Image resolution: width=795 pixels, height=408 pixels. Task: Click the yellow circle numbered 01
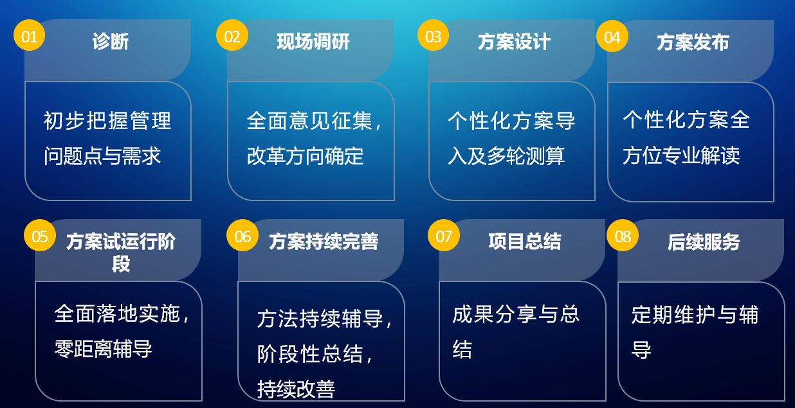pos(29,35)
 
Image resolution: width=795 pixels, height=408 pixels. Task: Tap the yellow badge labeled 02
pos(232,35)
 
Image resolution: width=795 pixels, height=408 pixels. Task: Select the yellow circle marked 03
pos(434,35)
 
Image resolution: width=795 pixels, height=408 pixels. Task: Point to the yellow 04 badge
pos(612,36)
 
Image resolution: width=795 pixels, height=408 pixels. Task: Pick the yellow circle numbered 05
pos(40,235)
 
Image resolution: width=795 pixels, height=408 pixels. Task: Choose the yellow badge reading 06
pos(242,235)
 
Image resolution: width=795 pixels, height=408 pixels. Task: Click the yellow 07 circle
pos(444,235)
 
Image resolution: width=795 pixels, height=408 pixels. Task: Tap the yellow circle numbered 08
pos(623,235)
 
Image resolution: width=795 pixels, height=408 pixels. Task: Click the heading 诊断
pos(111,42)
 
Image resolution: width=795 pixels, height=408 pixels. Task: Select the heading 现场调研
pos(313,42)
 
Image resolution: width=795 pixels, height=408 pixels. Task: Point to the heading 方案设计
pos(515,42)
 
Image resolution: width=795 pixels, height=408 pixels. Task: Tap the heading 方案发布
pos(693,42)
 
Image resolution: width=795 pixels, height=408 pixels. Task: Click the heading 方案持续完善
pos(324,242)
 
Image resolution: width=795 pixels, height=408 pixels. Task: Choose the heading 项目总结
pos(525,242)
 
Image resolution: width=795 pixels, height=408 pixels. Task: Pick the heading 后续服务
pos(704,242)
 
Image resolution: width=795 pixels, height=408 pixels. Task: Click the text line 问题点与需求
pos(102,156)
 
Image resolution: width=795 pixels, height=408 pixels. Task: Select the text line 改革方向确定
pos(306,156)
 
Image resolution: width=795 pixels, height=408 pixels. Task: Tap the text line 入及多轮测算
pos(506,156)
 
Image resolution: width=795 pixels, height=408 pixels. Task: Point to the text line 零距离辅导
pos(104,349)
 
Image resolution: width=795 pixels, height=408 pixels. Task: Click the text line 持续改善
pos(296,389)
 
